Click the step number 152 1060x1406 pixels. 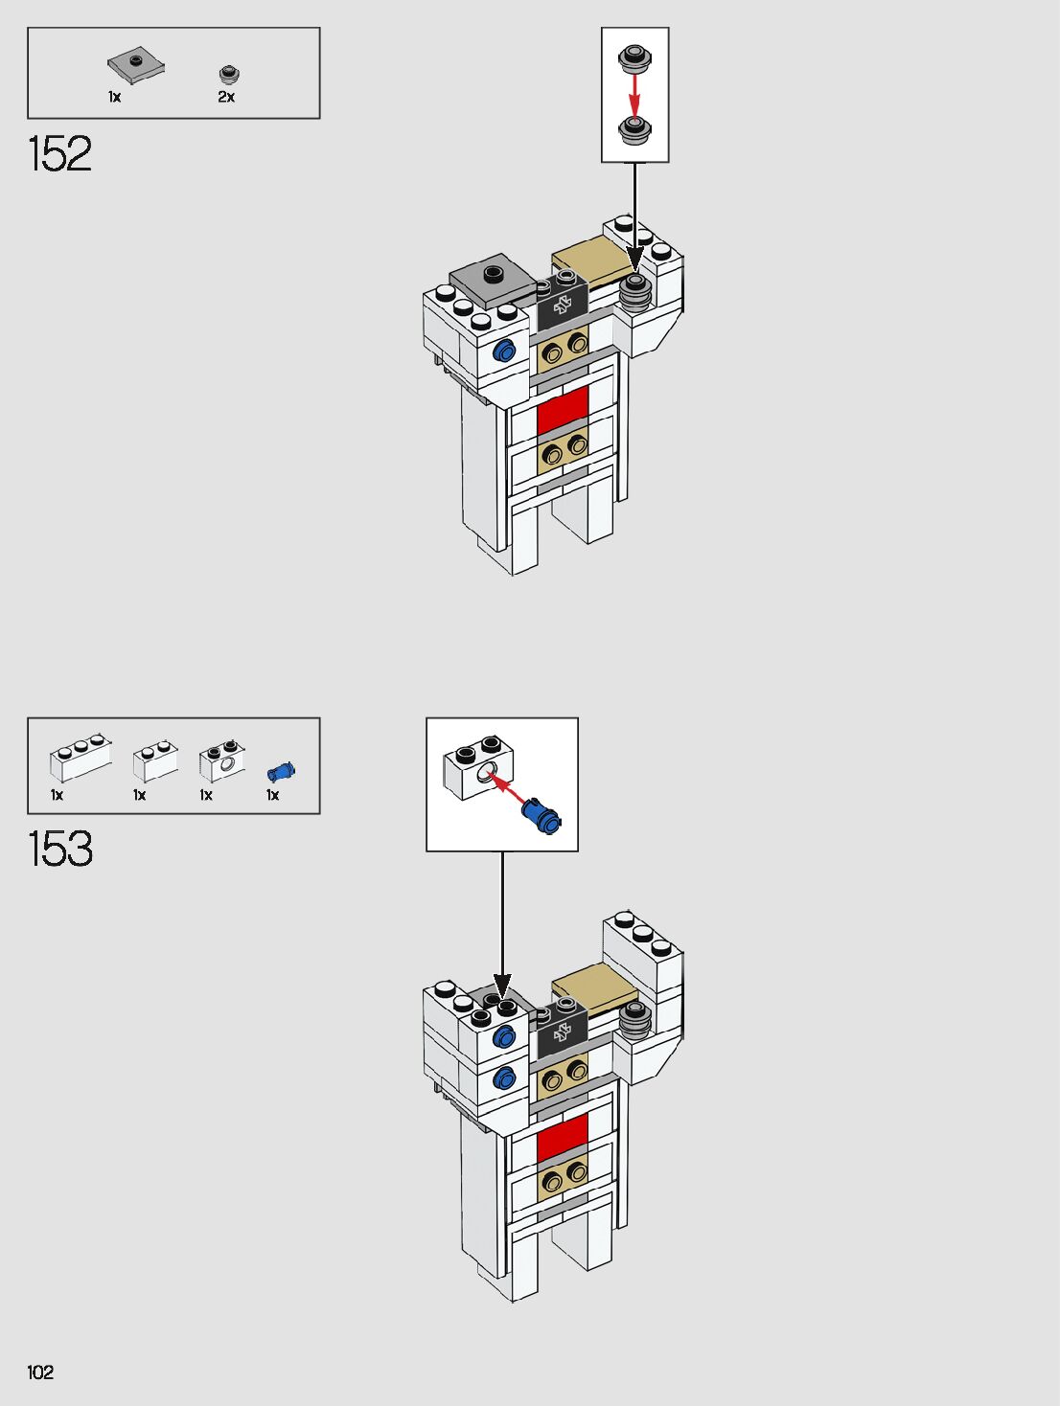(60, 154)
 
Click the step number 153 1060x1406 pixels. (60, 850)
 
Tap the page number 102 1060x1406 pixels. (40, 1372)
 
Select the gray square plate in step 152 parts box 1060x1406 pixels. (135, 66)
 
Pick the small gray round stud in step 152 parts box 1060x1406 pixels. (229, 74)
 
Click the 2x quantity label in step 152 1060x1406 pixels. (226, 97)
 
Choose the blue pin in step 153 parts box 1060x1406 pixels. (281, 771)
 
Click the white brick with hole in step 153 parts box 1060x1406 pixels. (221, 761)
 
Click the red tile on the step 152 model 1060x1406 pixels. (563, 410)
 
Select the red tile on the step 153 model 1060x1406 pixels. (563, 1137)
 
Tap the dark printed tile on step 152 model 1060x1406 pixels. (562, 305)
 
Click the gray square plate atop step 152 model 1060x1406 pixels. (492, 281)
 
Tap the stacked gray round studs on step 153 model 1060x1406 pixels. (634, 1022)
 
